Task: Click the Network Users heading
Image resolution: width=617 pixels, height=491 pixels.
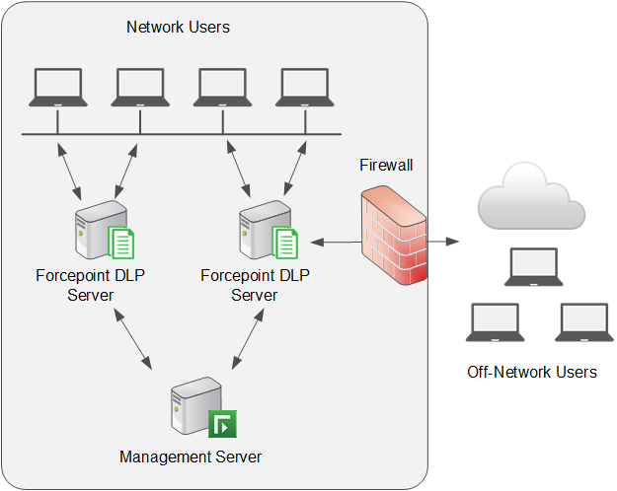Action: click(x=178, y=27)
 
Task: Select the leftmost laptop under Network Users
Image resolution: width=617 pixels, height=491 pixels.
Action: click(x=57, y=88)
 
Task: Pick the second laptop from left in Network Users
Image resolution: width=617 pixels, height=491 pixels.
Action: click(x=140, y=88)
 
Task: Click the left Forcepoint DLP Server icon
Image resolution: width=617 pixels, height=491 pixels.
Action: click(x=104, y=229)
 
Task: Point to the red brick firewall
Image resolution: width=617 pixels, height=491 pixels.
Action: click(x=393, y=238)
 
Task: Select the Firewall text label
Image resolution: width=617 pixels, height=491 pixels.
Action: click(x=386, y=165)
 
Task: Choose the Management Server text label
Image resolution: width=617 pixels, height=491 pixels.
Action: click(x=191, y=456)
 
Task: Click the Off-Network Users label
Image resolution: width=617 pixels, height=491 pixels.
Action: click(x=532, y=372)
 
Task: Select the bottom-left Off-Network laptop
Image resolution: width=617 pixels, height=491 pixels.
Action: click(x=495, y=322)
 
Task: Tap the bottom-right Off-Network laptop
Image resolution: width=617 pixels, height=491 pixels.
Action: click(x=583, y=322)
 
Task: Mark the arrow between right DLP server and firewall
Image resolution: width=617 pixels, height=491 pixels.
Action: click(x=333, y=241)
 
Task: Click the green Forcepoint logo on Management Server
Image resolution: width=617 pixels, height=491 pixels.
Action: click(x=222, y=424)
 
